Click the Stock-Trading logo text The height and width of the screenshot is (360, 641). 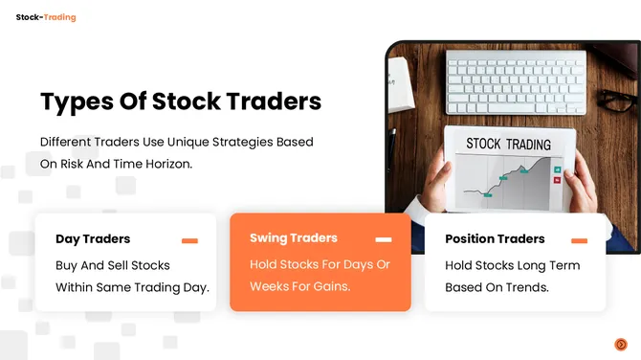click(45, 17)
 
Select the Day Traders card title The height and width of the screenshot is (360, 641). click(93, 239)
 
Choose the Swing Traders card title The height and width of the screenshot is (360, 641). click(293, 238)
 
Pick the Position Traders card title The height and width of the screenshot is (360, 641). click(495, 239)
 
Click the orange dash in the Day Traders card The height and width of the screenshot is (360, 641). click(189, 240)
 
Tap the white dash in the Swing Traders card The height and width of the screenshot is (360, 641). click(384, 239)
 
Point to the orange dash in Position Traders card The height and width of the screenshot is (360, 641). click(579, 240)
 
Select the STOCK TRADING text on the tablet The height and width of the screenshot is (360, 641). click(508, 145)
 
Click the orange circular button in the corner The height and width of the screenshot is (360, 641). click(621, 344)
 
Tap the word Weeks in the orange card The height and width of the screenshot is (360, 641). click(273, 286)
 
